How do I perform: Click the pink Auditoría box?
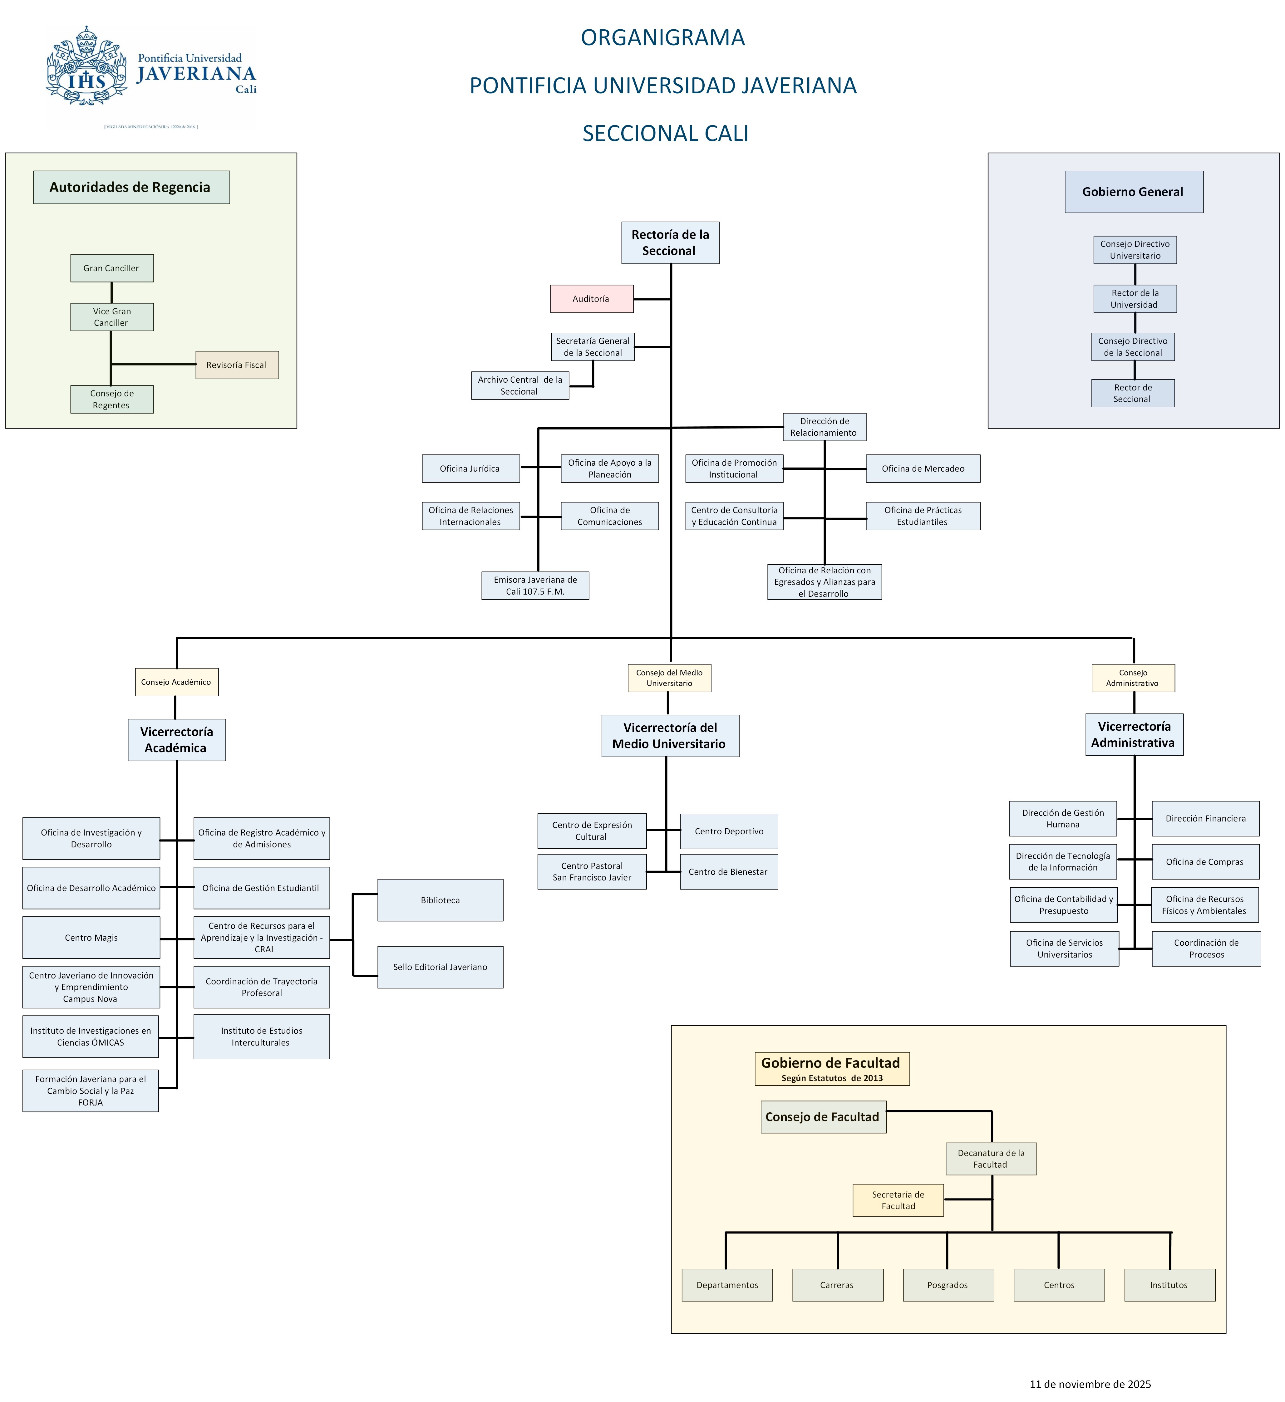tap(591, 299)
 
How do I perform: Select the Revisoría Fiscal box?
tap(237, 365)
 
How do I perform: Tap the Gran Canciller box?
tap(111, 268)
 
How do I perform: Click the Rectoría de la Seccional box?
tap(670, 243)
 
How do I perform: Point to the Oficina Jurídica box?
tap(470, 469)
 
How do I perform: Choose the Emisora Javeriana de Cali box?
tap(535, 586)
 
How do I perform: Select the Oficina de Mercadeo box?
tap(923, 469)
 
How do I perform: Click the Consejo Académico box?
tap(176, 682)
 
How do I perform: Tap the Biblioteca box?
tap(440, 900)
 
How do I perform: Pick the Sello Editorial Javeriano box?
tap(440, 967)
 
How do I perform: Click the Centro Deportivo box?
tap(728, 832)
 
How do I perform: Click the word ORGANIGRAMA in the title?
tap(662, 37)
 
